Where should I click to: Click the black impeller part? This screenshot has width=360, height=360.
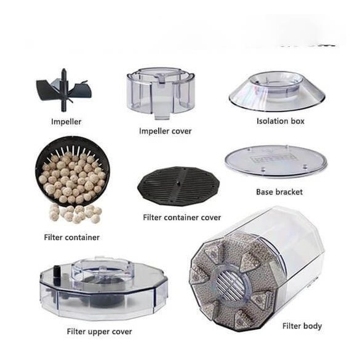63,90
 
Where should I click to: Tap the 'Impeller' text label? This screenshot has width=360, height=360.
66,122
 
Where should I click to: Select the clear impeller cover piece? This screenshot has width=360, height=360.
161,93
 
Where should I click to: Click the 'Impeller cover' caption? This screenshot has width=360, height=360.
166,131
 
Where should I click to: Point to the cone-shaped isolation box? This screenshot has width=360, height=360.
277,91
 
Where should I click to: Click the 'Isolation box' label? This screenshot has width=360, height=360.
281,121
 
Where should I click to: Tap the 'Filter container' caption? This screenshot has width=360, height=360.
72,237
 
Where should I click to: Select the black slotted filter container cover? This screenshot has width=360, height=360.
178,186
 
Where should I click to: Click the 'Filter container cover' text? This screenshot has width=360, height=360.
182,217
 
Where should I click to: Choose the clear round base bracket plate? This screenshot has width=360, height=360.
276,161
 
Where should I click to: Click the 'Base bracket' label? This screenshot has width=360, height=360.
279,192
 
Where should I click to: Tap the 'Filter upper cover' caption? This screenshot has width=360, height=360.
100,332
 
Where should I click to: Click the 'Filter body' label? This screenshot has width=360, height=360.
302,326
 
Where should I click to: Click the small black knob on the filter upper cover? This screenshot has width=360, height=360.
56,271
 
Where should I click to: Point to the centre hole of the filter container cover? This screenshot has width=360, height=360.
178,183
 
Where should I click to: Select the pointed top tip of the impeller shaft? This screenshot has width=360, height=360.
64,69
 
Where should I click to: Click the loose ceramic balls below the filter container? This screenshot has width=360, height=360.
75,214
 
